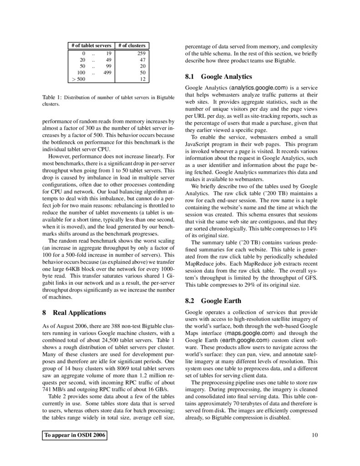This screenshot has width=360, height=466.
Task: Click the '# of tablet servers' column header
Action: (x=91, y=46)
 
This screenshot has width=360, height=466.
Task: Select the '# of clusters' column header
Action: (x=132, y=46)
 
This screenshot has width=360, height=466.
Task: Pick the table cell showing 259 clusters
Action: (x=141, y=53)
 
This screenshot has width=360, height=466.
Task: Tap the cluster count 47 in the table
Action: (x=142, y=60)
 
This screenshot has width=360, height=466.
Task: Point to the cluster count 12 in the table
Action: (x=142, y=79)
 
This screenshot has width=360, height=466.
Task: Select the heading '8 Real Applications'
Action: (x=74, y=313)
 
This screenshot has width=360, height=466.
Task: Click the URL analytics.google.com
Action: (x=258, y=88)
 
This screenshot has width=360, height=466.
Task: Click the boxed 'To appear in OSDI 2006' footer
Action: (x=75, y=436)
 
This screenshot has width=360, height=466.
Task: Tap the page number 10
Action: (x=314, y=436)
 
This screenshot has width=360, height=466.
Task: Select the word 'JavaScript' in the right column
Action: (x=198, y=137)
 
